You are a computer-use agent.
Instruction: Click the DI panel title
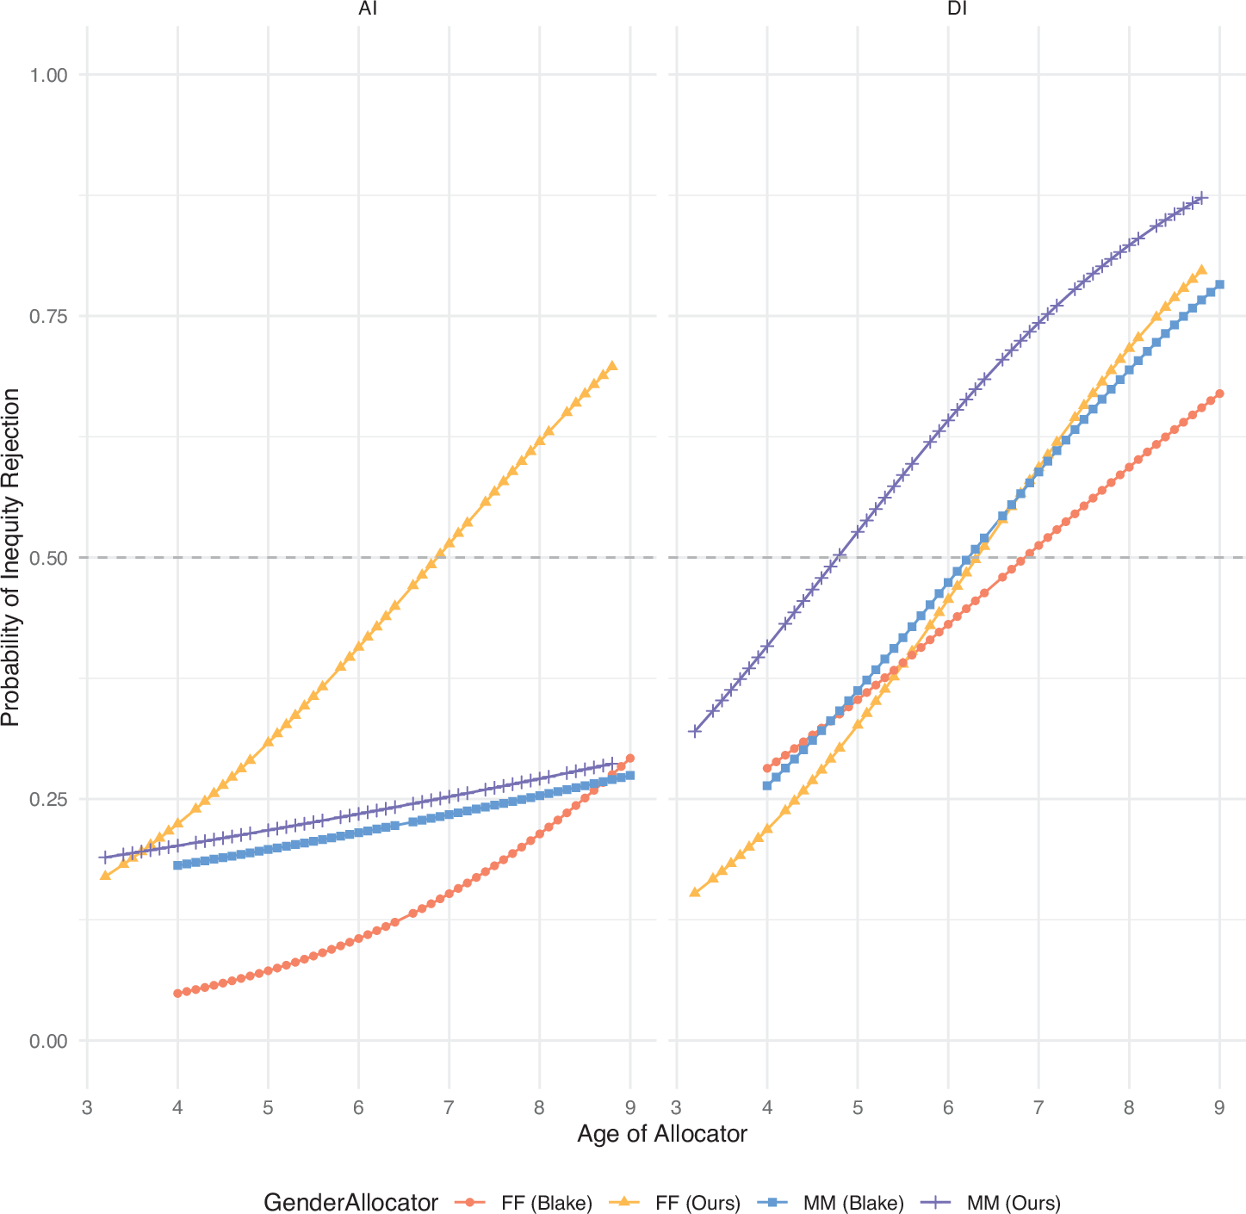pyautogui.click(x=958, y=9)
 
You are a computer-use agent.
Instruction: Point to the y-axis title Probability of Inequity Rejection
pyautogui.click(x=11, y=557)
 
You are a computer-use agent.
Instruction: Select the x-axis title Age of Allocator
pyautogui.click(x=662, y=1134)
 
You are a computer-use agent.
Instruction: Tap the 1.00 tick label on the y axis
pyautogui.click(x=48, y=75)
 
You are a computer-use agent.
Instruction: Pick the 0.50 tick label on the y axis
pyautogui.click(x=48, y=558)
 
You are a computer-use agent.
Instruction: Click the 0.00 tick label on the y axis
pyautogui.click(x=48, y=1041)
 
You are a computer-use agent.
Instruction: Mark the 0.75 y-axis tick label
pyautogui.click(x=48, y=316)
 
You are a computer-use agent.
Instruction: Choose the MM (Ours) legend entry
pyautogui.click(x=990, y=1203)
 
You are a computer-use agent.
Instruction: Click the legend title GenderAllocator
pyautogui.click(x=350, y=1203)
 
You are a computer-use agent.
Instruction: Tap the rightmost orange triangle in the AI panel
pyautogui.click(x=612, y=366)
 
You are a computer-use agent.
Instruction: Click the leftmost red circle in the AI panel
pyautogui.click(x=177, y=993)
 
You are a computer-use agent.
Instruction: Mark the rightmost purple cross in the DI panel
pyautogui.click(x=1201, y=197)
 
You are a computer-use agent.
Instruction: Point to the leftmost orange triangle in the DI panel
pyautogui.click(x=695, y=892)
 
